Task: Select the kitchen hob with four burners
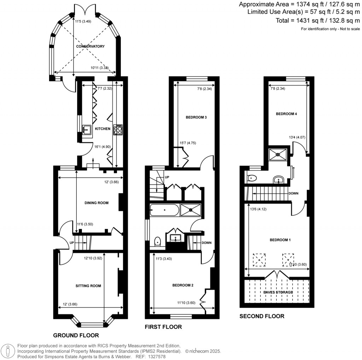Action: [x=118, y=130]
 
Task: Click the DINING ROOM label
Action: [x=96, y=203]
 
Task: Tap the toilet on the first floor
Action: [x=158, y=242]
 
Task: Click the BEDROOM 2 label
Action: [x=183, y=285]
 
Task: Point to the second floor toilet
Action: [x=252, y=178]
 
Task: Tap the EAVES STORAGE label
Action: [x=278, y=292]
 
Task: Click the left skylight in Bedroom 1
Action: [x=260, y=260]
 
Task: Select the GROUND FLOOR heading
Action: [x=76, y=335]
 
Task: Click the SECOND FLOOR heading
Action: [x=262, y=316]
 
